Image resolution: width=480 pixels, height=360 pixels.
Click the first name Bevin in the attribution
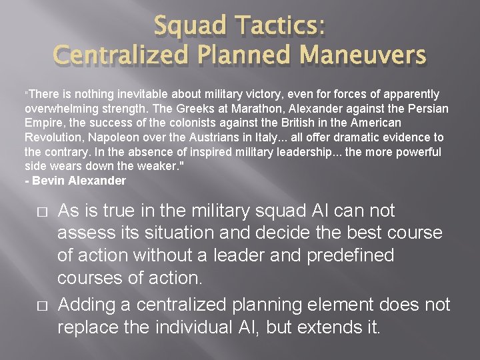[x=47, y=181]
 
